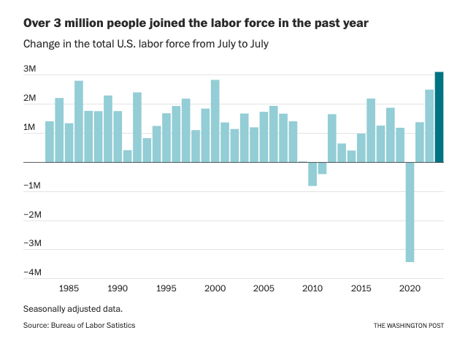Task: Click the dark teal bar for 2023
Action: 439,117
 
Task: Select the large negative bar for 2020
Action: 410,212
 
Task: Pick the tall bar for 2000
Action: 215,121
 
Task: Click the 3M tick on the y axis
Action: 30,69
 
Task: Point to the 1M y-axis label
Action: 30,128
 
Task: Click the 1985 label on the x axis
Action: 69,288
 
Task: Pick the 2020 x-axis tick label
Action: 410,288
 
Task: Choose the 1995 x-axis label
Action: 166,288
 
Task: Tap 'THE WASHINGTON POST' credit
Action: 408,326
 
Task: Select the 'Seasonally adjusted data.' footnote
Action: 72,308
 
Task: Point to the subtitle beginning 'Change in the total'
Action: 146,44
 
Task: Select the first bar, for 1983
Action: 50,142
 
